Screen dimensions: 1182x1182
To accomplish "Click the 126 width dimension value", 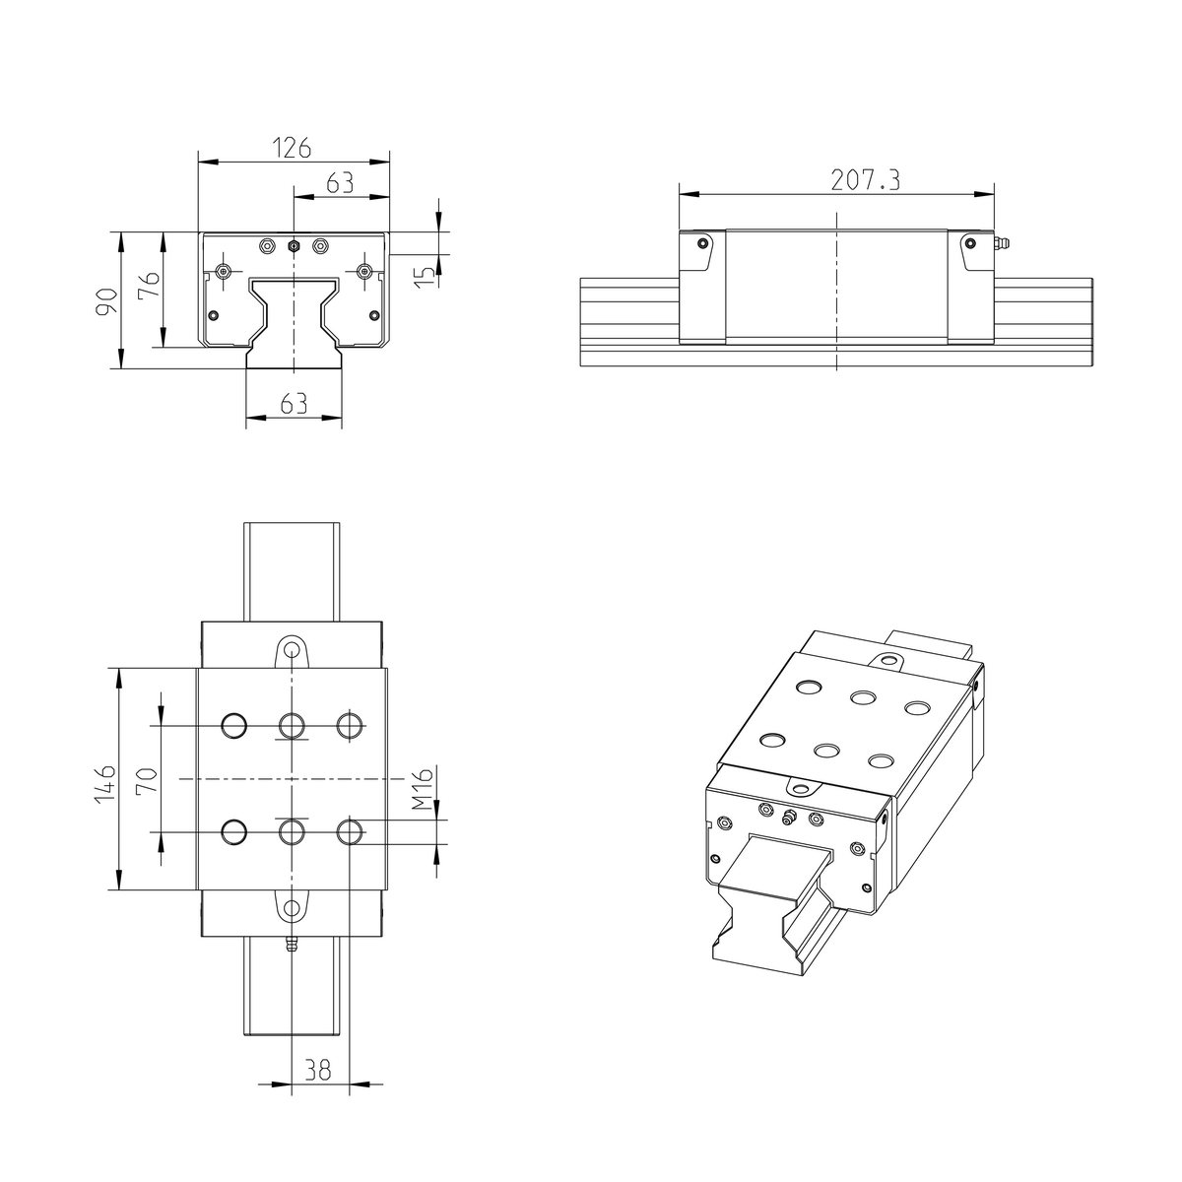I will click(293, 149).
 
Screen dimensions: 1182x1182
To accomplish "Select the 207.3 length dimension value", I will click(865, 179).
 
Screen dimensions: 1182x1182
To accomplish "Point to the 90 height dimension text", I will click(106, 299).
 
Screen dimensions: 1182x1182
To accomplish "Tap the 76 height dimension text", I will click(148, 291).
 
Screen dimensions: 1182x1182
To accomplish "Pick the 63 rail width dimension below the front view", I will click(294, 403).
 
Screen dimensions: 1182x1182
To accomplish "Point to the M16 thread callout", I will click(421, 791).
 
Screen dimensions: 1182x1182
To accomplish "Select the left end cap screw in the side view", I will click(701, 243).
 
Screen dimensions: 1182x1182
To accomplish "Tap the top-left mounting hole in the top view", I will click(234, 726).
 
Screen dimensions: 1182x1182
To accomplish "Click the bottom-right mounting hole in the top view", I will click(350, 832).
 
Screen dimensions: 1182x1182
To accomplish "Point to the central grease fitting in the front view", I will click(293, 245).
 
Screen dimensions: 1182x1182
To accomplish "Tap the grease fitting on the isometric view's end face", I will click(788, 817).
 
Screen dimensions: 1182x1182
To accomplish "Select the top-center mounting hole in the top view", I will click(292, 726).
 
